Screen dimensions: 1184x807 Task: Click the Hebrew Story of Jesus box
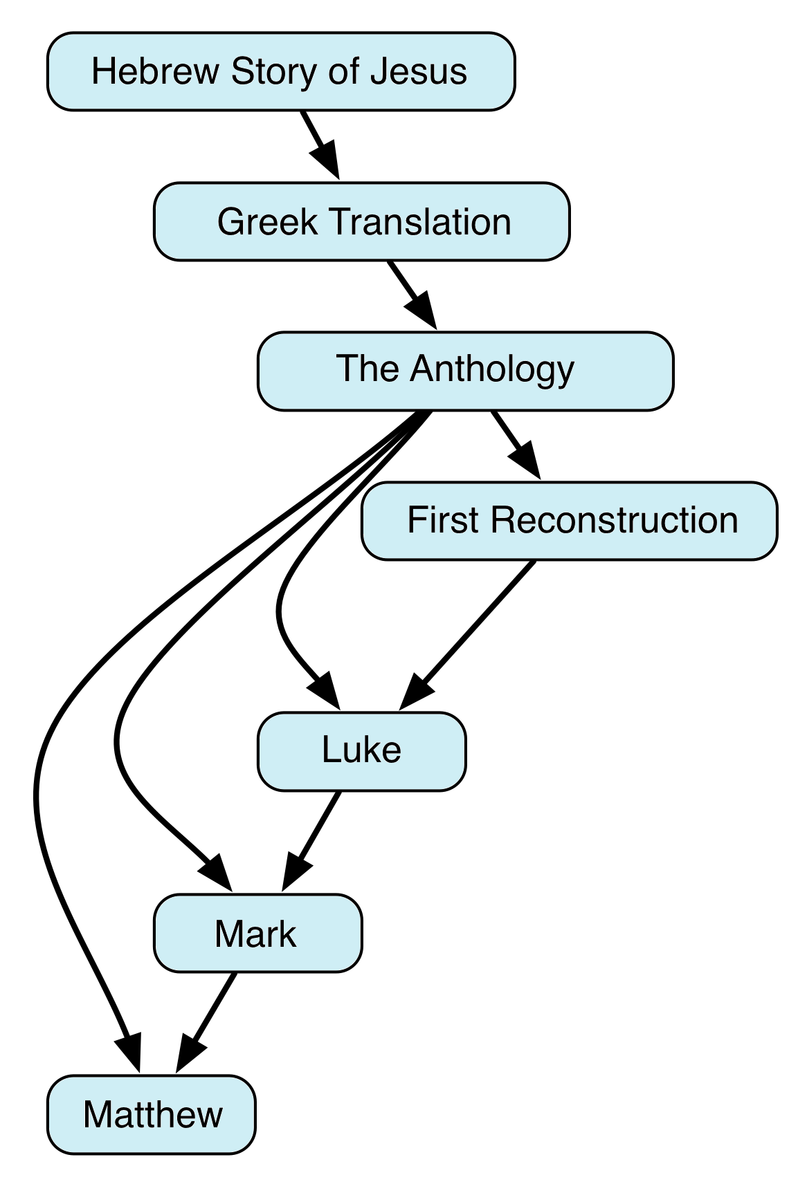pos(280,71)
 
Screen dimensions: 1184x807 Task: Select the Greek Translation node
pos(361,222)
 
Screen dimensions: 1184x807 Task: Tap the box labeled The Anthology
pos(465,371)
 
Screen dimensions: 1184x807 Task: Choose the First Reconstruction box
pos(569,521)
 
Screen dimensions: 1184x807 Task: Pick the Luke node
pos(361,750)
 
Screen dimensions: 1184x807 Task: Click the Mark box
pos(257,934)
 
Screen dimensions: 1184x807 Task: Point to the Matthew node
pos(151,1114)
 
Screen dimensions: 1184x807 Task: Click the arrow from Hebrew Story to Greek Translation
pos(320,144)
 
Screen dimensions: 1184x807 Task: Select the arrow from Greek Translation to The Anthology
pos(412,295)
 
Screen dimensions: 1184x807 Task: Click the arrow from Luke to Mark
pos(311,840)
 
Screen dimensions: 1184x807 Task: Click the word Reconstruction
pos(615,521)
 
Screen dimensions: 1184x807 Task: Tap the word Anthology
pos(492,369)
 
